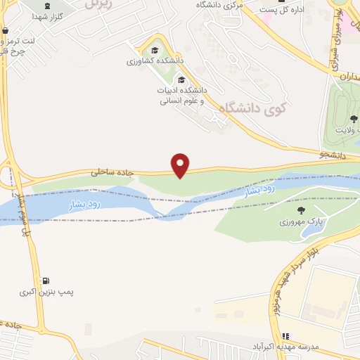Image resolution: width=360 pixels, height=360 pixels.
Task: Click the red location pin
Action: tap(181, 165)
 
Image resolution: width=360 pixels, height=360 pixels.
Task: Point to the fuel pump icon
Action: tap(46, 281)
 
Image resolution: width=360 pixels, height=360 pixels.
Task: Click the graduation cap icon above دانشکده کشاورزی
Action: tap(155, 50)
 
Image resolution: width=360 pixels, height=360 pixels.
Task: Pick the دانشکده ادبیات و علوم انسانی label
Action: tap(181, 95)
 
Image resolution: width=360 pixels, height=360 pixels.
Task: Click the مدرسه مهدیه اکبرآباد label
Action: tap(285, 347)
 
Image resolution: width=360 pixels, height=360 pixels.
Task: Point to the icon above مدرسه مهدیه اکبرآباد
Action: tap(285, 337)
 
